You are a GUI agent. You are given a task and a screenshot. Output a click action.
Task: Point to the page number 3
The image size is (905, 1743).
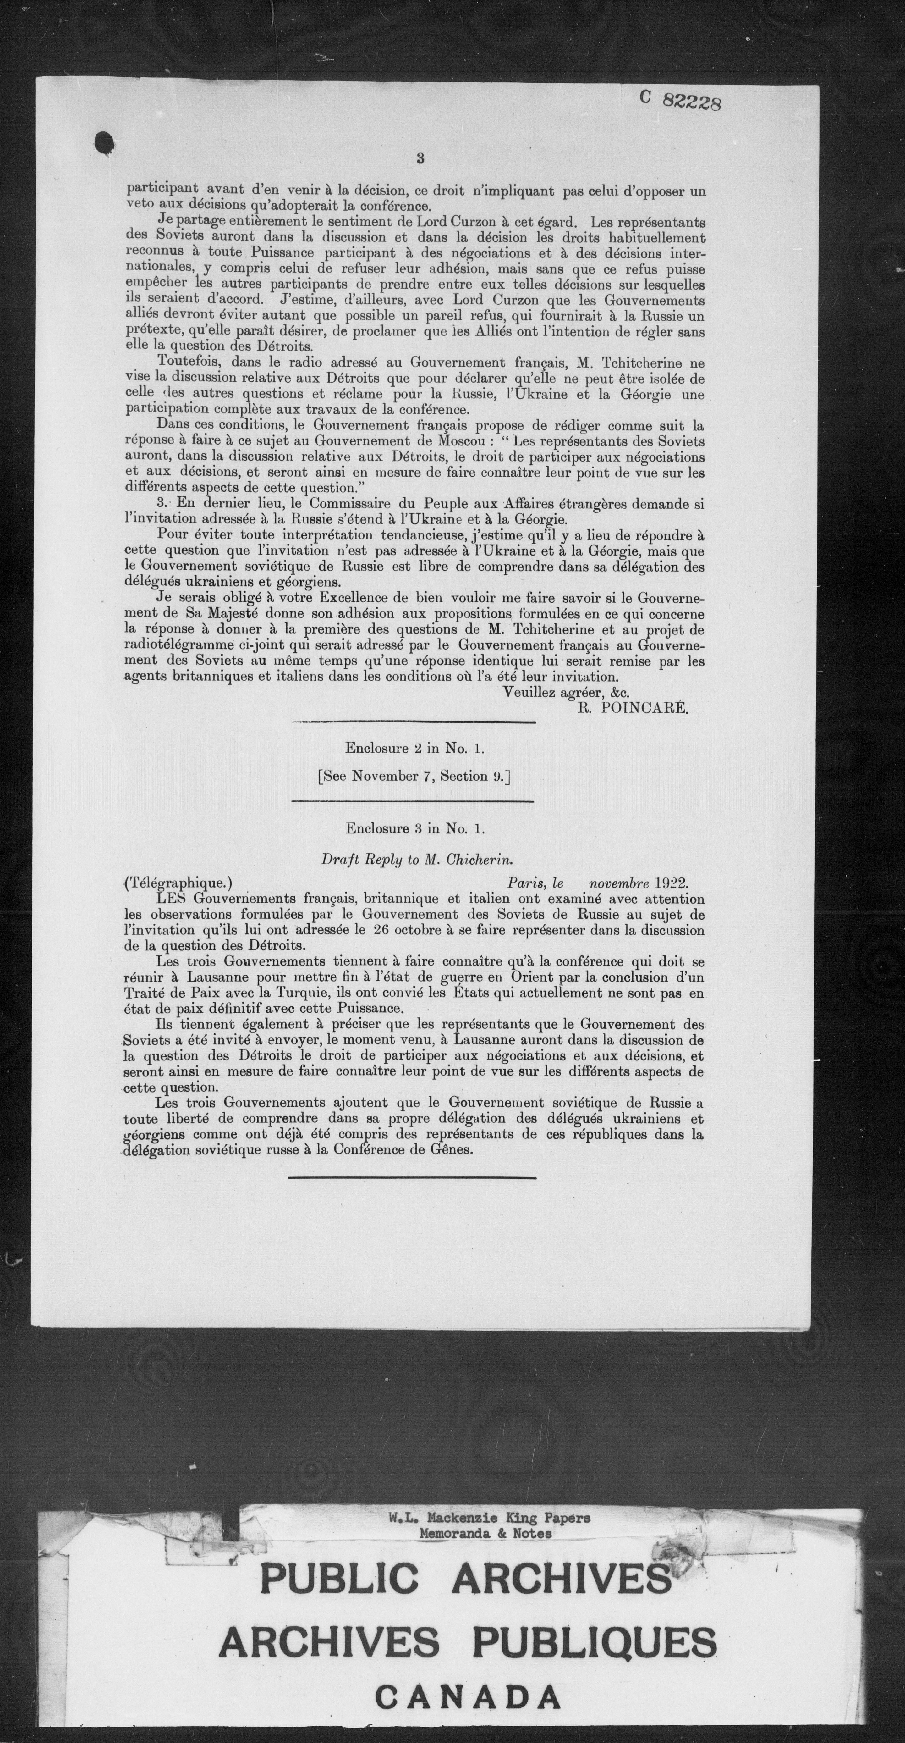tap(420, 159)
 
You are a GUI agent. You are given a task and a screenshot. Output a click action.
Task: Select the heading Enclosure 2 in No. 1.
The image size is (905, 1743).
tap(414, 748)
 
